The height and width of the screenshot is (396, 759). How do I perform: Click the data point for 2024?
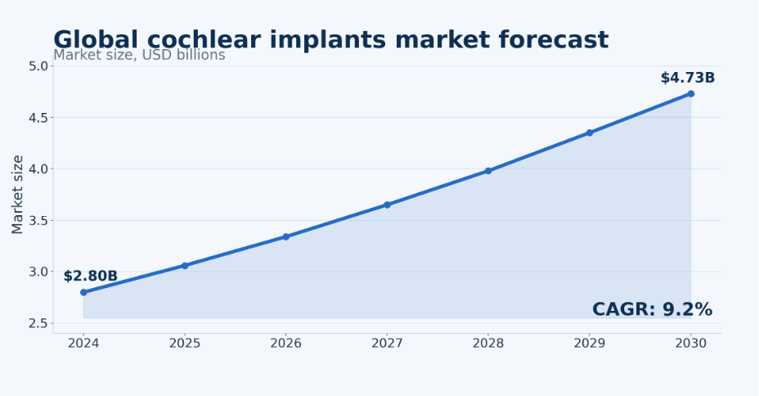[83, 292]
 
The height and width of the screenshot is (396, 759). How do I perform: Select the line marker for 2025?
[185, 266]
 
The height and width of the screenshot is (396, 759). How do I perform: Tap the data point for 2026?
[286, 236]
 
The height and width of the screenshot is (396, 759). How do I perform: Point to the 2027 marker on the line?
[387, 205]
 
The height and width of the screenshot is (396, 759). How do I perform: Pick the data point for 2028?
[488, 171]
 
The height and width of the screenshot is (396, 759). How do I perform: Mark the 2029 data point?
[590, 133]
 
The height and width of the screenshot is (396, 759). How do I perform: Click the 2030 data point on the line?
[691, 94]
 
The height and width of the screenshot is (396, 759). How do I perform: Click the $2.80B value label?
[91, 276]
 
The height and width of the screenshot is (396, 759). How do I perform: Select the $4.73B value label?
[688, 78]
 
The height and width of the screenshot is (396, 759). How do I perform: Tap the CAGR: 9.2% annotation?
[652, 309]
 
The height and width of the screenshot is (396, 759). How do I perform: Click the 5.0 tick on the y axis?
[38, 66]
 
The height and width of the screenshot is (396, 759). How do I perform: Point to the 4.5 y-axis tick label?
[38, 118]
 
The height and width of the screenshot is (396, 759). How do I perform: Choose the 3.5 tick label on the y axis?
[38, 221]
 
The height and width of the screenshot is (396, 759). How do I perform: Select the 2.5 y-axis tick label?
[38, 323]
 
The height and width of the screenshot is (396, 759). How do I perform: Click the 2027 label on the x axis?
[387, 344]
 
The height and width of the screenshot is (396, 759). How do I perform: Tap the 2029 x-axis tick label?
[590, 344]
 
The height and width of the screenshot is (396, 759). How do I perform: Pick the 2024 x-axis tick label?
[83, 344]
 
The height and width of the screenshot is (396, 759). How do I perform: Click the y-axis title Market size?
[17, 195]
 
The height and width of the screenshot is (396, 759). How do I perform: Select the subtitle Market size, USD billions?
[139, 55]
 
